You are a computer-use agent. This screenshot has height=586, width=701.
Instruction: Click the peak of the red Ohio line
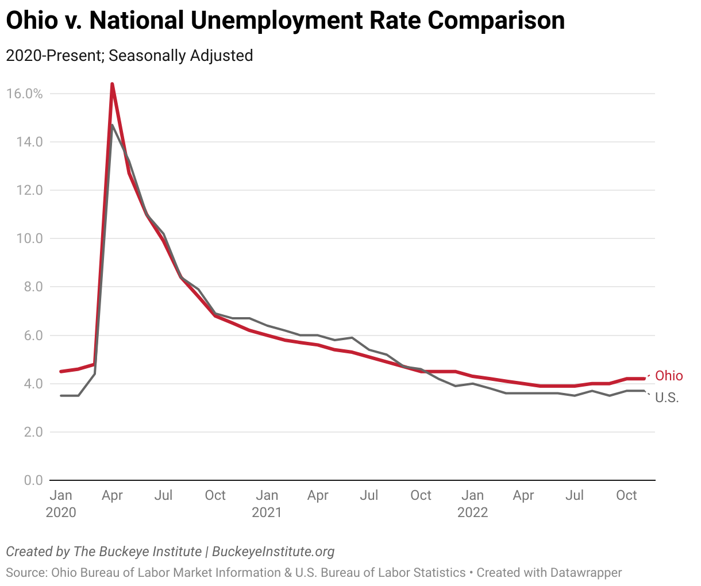point(112,84)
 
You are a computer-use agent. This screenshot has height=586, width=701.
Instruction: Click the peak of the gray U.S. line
point(112,125)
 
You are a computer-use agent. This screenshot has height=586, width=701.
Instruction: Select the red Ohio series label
point(669,376)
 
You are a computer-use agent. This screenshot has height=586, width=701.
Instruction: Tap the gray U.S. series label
point(667,398)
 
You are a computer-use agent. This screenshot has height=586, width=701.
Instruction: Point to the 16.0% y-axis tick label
point(25,94)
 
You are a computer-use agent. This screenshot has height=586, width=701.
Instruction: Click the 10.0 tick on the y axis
point(29,238)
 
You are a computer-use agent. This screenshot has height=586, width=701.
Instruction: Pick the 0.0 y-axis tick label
point(33,480)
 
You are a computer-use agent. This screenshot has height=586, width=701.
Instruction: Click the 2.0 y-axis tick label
point(33,432)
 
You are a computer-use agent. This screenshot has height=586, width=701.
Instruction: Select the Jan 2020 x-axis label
point(61,503)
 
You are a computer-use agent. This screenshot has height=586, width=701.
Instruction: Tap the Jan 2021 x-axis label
point(267,503)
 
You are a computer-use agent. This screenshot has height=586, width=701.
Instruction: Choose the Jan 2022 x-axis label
point(472,503)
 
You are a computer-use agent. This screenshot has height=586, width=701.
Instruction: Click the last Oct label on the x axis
point(626,495)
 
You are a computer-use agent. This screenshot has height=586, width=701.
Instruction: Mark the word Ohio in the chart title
point(32,21)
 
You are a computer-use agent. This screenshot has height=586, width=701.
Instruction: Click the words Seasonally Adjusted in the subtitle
point(181,56)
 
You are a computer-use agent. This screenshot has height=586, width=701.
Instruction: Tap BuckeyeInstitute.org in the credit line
point(273,552)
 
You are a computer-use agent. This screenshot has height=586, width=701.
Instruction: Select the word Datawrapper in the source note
point(586,572)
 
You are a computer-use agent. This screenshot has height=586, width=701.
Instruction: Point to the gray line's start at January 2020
point(61,395)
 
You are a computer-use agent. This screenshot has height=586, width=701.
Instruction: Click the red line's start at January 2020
point(61,371)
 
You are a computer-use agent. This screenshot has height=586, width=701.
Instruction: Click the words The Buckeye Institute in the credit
point(137,552)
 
